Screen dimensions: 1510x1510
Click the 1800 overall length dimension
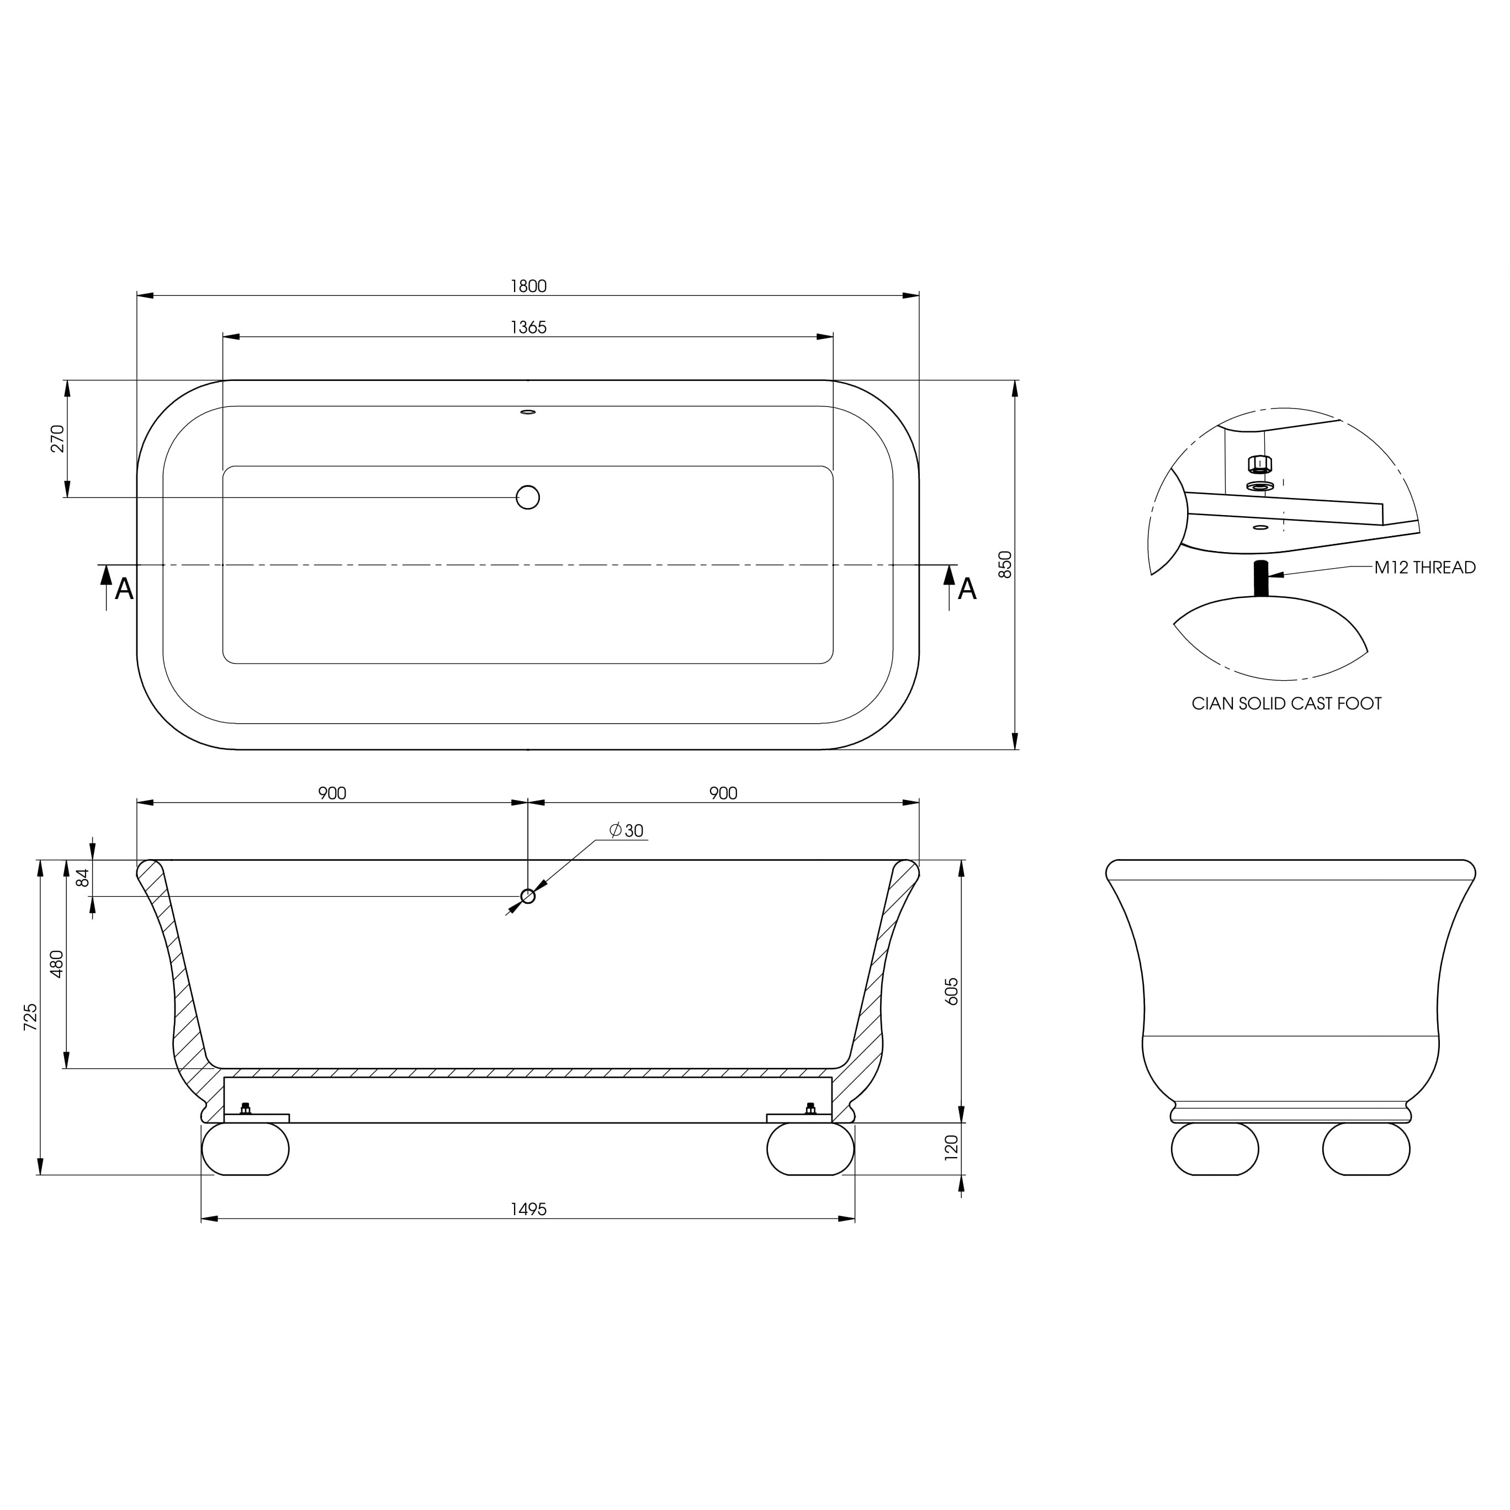point(528,286)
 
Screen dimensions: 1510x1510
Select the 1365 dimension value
point(528,327)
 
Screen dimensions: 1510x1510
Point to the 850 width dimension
point(1006,564)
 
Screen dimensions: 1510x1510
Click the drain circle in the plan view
point(528,497)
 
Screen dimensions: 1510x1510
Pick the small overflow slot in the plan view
point(528,412)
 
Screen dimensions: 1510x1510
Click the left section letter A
point(124,589)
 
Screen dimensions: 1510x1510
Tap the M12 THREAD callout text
point(1425,568)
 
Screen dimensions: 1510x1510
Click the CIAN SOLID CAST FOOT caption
point(1286,703)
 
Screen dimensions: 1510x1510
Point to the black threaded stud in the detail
point(1260,579)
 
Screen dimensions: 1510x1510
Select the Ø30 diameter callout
point(626,831)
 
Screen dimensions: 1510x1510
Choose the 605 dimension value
point(951,991)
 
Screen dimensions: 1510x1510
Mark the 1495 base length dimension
point(528,1209)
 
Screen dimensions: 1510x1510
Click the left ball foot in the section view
point(246,1149)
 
